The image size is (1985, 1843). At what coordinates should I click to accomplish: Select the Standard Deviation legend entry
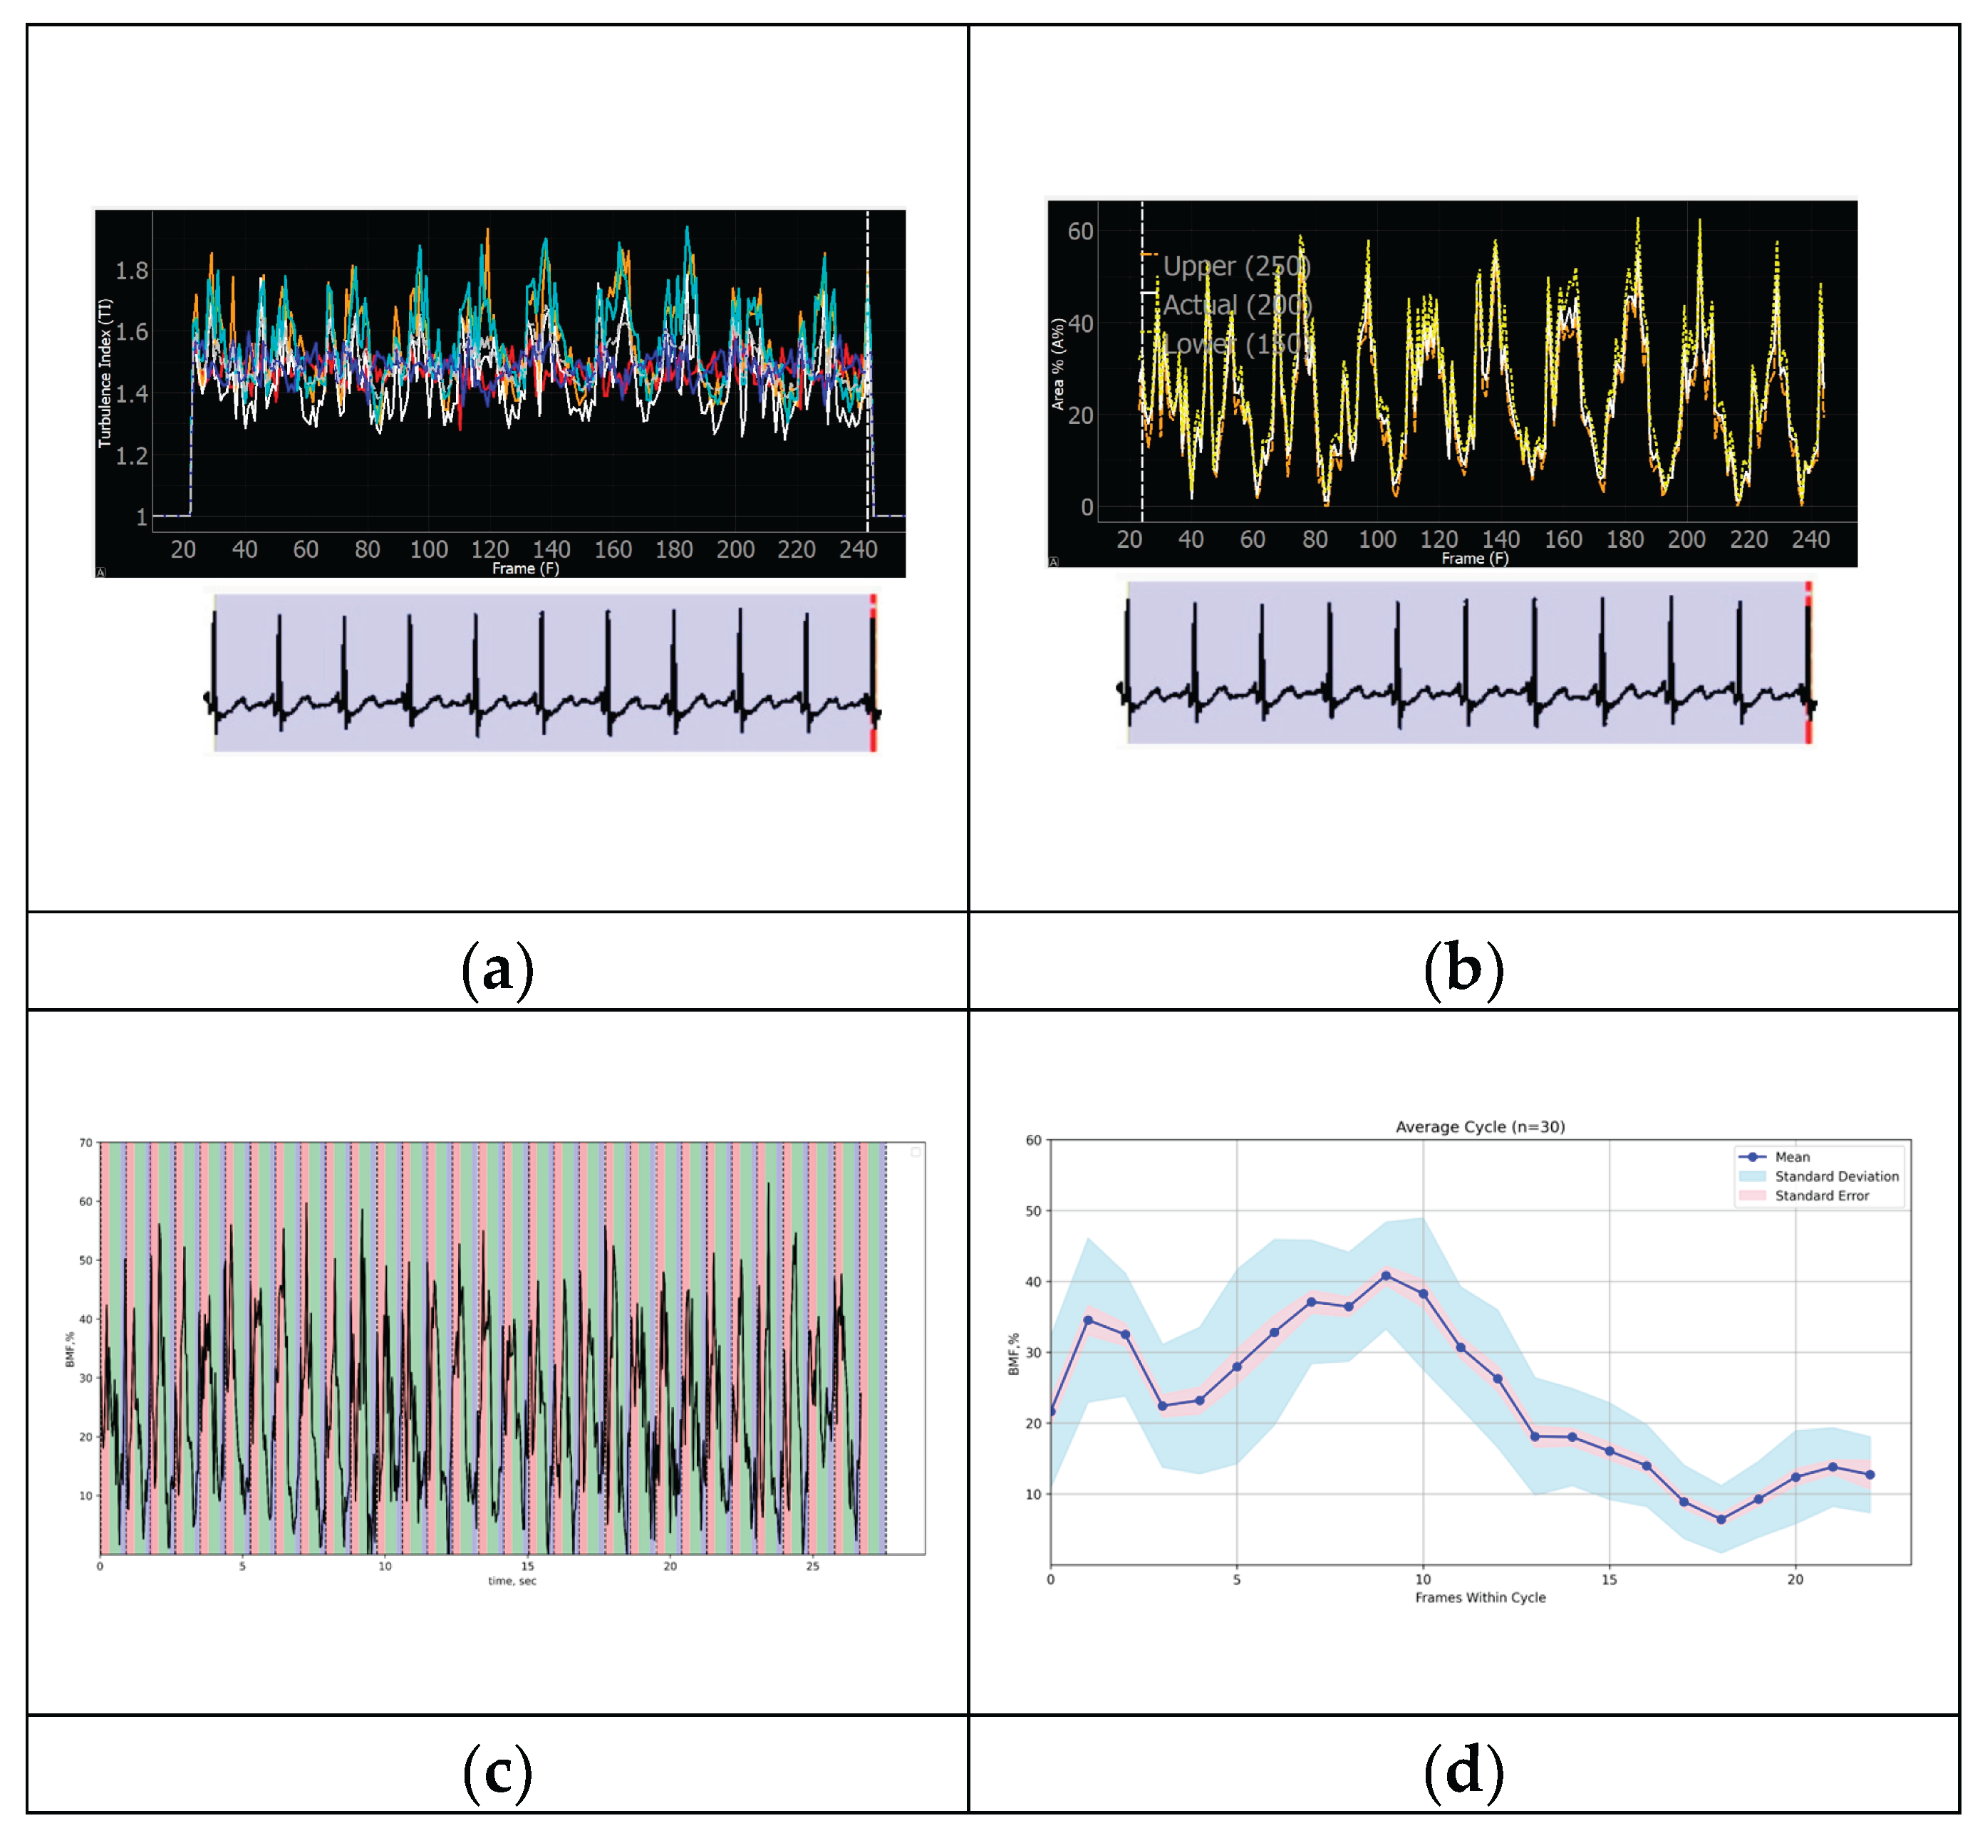tap(1835, 1177)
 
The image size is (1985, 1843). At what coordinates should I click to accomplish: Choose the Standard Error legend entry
tap(1821, 1195)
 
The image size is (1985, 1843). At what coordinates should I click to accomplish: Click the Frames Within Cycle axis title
tap(1479, 1597)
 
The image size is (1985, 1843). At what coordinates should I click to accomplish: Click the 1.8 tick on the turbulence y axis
tap(132, 270)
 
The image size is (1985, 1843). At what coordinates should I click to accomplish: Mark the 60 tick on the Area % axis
tap(1080, 232)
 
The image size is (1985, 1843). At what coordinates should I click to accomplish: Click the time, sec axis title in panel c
tap(512, 1581)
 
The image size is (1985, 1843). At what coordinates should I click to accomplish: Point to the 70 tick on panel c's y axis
tap(85, 1143)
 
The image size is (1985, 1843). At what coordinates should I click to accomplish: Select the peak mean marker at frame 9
tap(1386, 1275)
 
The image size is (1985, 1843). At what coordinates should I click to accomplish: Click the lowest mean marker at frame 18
tap(1721, 1519)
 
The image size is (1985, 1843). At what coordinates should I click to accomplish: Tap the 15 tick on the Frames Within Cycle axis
tap(1609, 1579)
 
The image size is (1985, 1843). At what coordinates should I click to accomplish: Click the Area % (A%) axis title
tap(1058, 364)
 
